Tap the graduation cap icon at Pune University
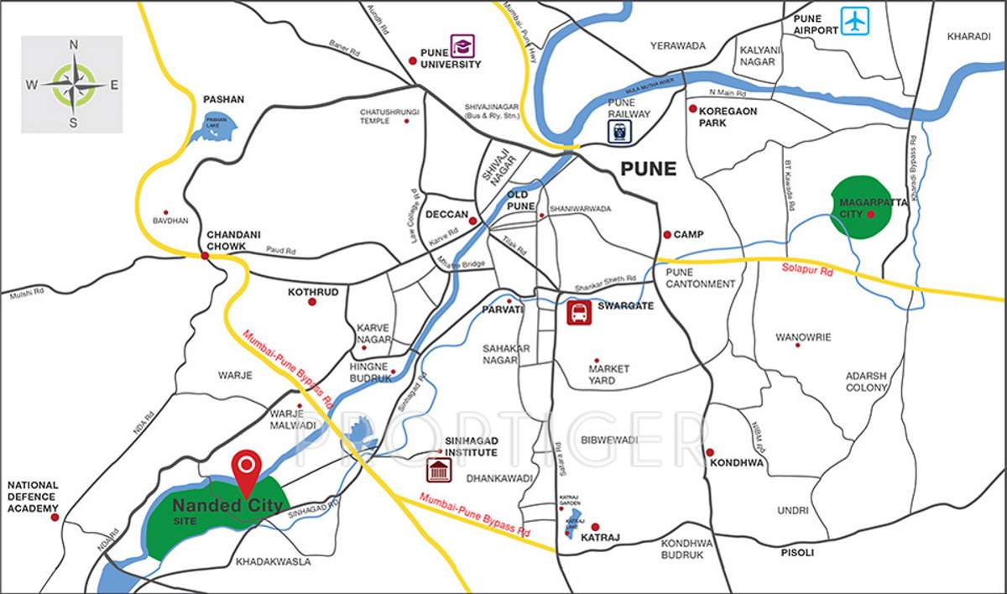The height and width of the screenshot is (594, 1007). pos(462,45)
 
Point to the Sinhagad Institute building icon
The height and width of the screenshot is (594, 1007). pos(437,471)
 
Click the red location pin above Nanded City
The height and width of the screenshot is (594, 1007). pos(245,465)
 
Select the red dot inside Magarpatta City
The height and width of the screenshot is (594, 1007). pos(871,215)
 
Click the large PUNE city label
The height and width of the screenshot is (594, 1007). pos(648,169)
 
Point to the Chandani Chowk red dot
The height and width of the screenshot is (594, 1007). pos(205,255)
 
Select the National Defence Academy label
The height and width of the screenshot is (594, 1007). pos(33,497)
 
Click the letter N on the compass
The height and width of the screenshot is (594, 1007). pos(73,45)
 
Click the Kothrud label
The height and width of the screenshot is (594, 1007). pos(312,292)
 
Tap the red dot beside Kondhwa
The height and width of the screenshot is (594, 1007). pos(709,451)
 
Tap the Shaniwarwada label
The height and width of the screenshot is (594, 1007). pos(579,209)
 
